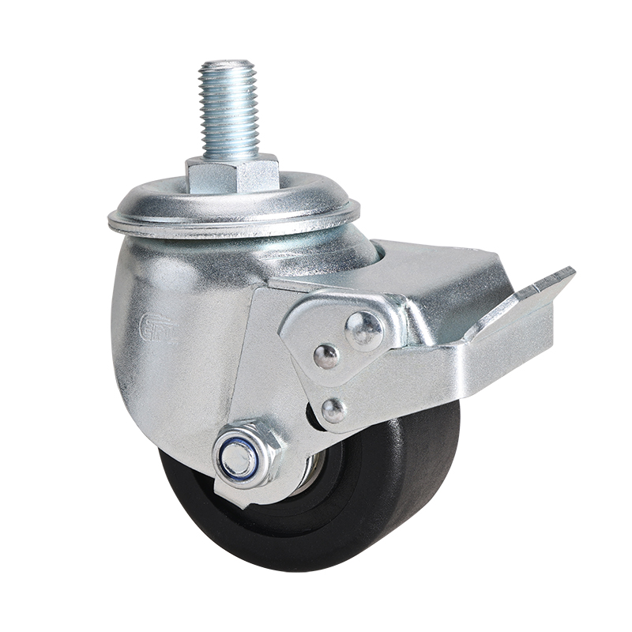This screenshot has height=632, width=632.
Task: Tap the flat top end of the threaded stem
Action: point(228,63)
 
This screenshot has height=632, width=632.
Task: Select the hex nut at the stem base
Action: point(232,173)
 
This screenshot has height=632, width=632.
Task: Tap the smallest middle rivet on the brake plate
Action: point(325,356)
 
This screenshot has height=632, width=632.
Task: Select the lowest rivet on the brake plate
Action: point(333,409)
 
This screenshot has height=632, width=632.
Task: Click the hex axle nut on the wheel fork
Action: point(246,455)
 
